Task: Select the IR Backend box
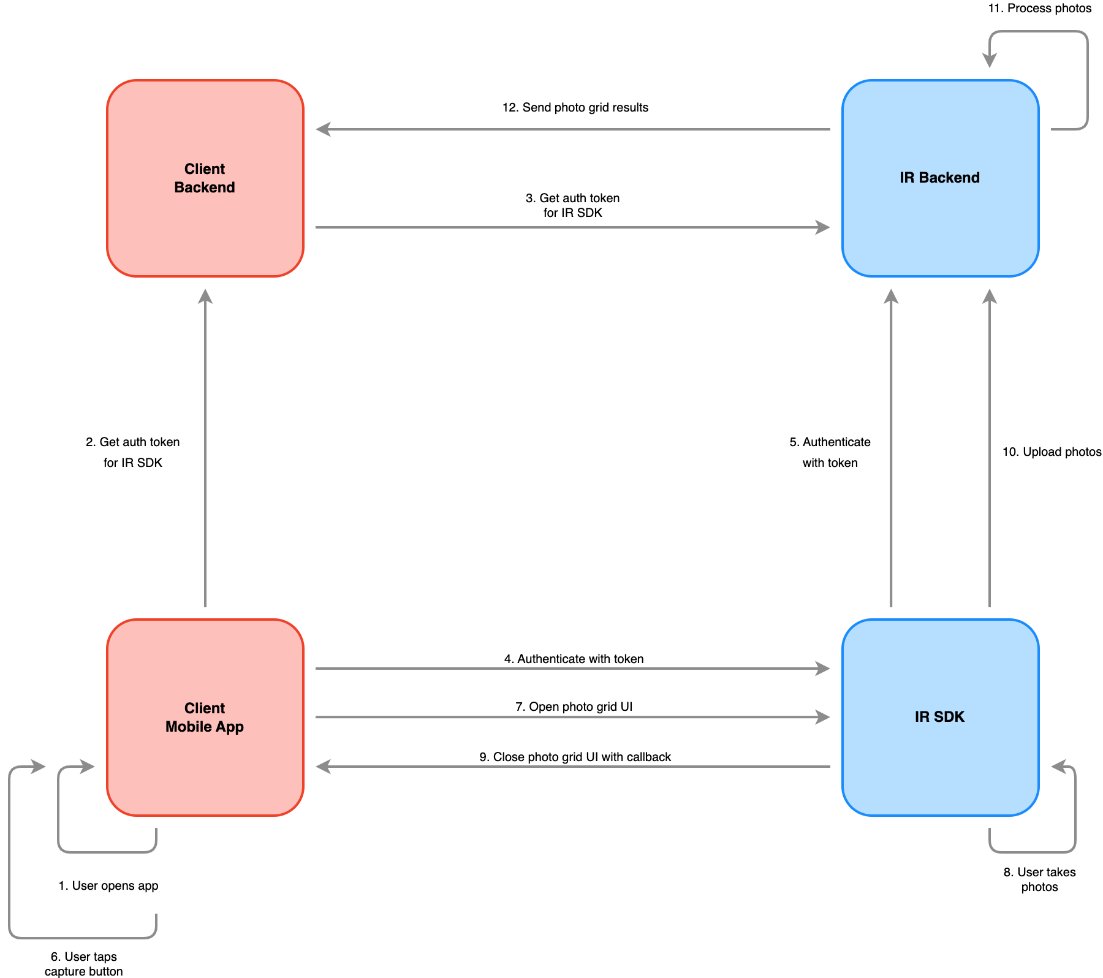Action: tap(940, 178)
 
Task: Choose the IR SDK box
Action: tap(940, 717)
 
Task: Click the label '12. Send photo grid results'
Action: tap(575, 107)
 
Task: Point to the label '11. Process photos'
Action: tap(1039, 8)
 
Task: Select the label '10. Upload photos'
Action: tap(1052, 452)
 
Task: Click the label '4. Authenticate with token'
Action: tap(574, 659)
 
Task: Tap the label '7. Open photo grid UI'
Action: tap(574, 707)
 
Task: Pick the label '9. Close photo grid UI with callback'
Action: tap(575, 757)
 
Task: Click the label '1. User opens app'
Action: tap(108, 885)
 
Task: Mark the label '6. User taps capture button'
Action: tap(84, 963)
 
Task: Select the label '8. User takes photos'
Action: tap(1039, 879)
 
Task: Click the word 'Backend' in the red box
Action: tap(205, 188)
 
